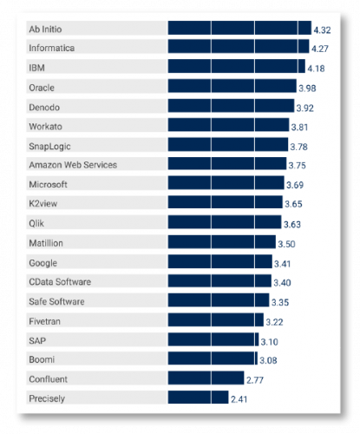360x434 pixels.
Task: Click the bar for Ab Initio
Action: click(x=239, y=29)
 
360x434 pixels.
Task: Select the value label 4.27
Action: click(x=321, y=49)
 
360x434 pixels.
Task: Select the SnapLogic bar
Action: click(x=228, y=145)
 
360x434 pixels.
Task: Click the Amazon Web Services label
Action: click(x=73, y=165)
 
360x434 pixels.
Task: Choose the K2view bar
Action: click(x=226, y=203)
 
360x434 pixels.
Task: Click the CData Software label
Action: click(x=60, y=281)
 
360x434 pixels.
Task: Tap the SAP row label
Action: click(x=36, y=339)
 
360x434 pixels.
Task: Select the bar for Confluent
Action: click(x=206, y=378)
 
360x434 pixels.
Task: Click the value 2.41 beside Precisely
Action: click(x=240, y=399)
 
